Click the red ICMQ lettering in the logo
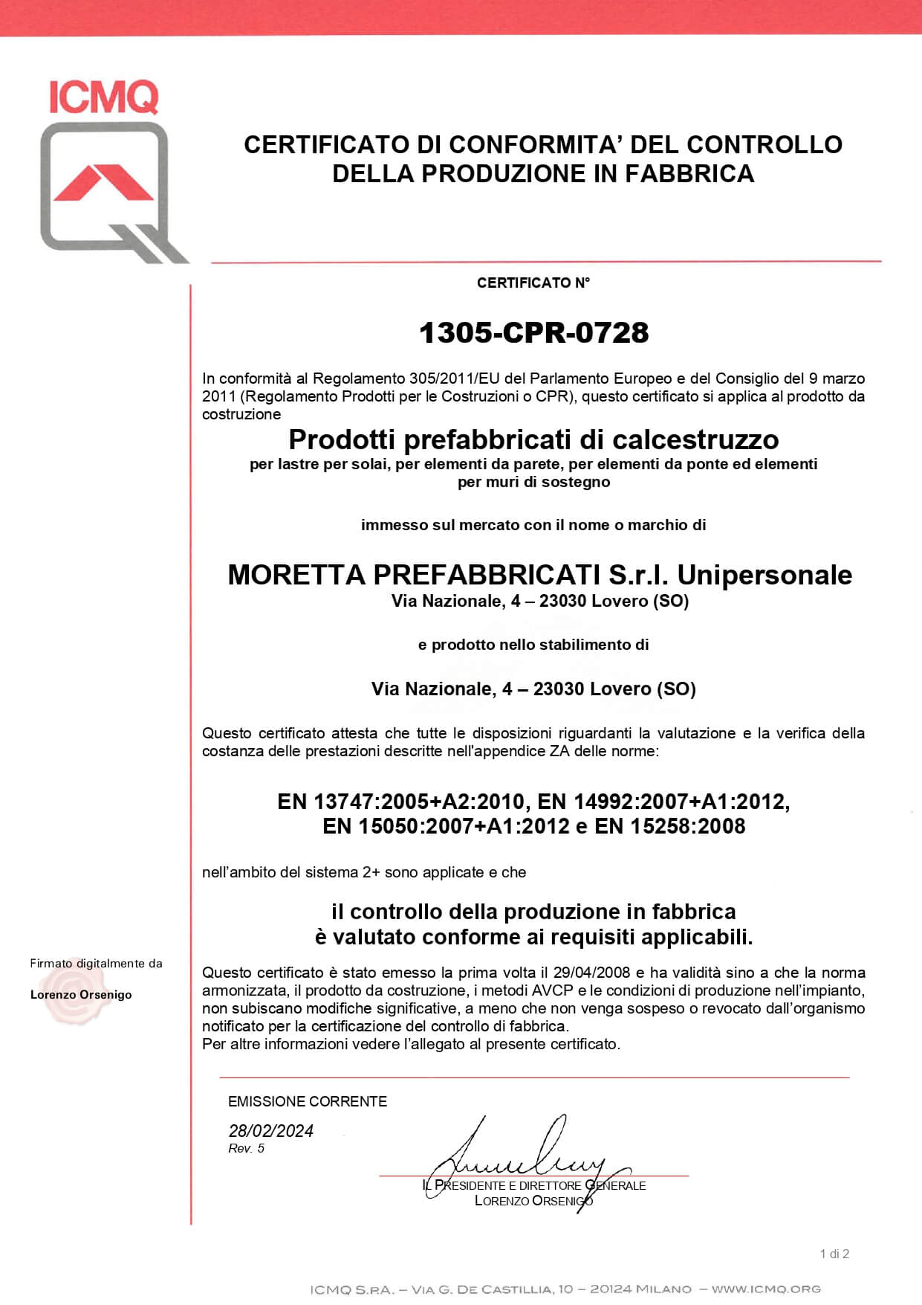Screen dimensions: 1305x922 (103, 97)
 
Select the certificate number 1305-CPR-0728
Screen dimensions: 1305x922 (533, 332)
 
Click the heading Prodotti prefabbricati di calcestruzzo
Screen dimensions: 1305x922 (533, 439)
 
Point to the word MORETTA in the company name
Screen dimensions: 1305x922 (296, 575)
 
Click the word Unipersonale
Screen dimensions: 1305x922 (764, 575)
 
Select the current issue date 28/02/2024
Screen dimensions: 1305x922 (271, 1131)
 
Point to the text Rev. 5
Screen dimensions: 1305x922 (247, 1149)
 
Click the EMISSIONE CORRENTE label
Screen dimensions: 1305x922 (308, 1101)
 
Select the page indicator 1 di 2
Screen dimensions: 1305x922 (834, 1254)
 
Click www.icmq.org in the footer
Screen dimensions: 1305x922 (766, 1289)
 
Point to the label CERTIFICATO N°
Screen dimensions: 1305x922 (533, 283)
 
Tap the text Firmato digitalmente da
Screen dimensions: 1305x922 (96, 964)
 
